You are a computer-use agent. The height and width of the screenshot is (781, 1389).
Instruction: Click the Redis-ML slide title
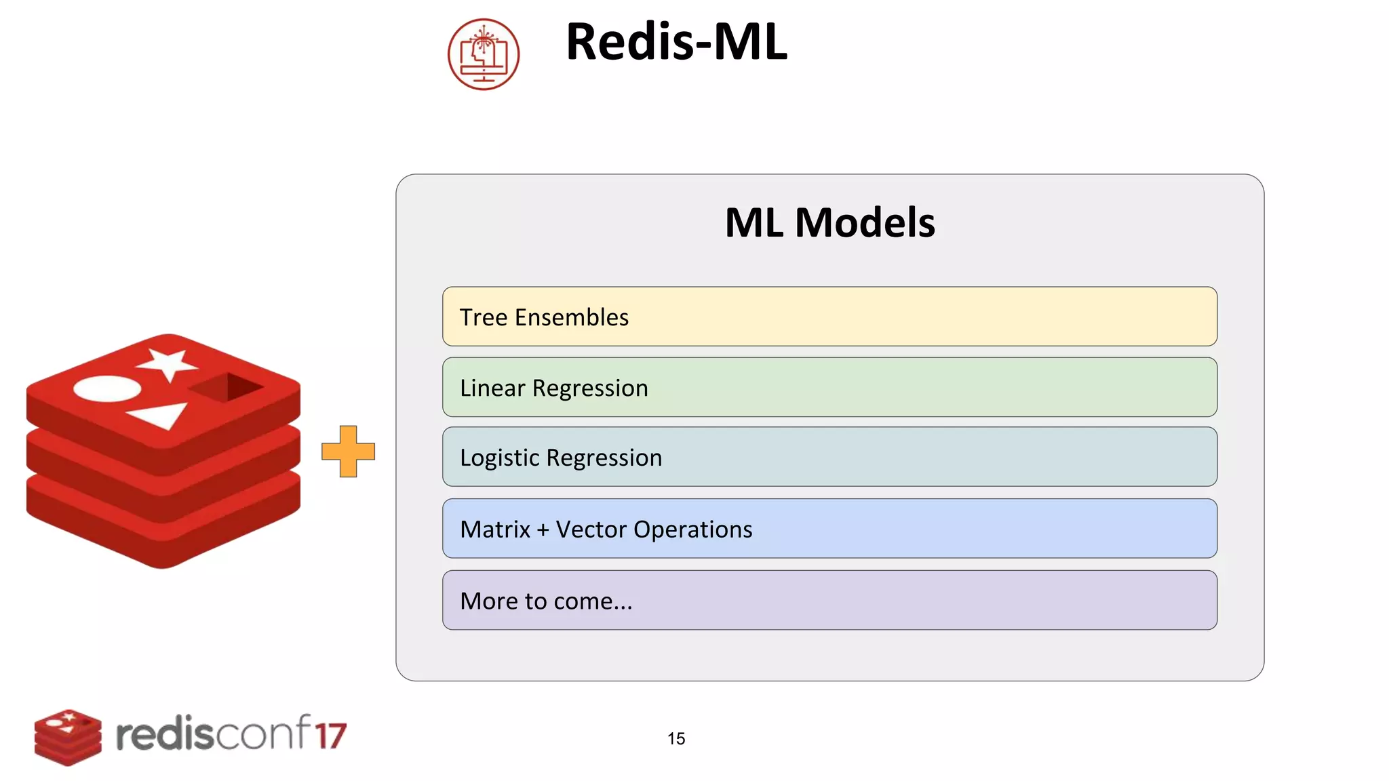click(x=676, y=42)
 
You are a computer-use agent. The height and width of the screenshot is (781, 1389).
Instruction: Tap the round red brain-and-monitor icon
click(x=484, y=54)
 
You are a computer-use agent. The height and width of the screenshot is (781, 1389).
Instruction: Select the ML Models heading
click(x=829, y=222)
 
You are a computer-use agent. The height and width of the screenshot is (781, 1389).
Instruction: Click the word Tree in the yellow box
click(x=484, y=317)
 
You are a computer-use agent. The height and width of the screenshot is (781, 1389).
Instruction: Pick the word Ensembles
click(x=572, y=317)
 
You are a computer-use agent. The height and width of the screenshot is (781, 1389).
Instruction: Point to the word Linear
click(x=492, y=388)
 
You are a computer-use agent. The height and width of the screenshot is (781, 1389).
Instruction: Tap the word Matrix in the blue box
click(x=495, y=529)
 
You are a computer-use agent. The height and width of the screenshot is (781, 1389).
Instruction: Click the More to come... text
click(x=546, y=601)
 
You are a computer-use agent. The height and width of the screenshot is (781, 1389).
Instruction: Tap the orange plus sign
click(x=348, y=452)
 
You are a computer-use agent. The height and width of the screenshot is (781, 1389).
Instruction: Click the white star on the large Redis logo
click(x=168, y=364)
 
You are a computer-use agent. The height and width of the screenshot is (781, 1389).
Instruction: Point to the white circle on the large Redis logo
click(x=107, y=389)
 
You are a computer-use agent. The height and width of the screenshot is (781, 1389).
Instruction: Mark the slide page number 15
click(x=676, y=739)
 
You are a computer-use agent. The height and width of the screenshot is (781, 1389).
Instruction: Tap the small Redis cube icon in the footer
click(x=68, y=737)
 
